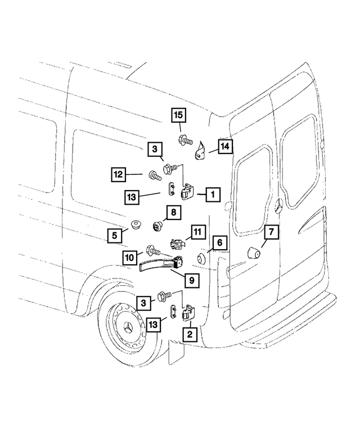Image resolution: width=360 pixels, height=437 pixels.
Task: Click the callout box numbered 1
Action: point(213,195)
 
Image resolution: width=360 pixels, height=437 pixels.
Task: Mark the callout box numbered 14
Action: point(224,147)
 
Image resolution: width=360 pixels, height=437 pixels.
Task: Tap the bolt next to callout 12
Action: point(154,175)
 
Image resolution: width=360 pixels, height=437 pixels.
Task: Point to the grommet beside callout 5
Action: point(135,226)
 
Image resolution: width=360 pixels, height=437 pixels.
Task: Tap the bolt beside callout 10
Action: point(153,250)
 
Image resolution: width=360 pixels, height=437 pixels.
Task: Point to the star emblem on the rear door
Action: point(278,208)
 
